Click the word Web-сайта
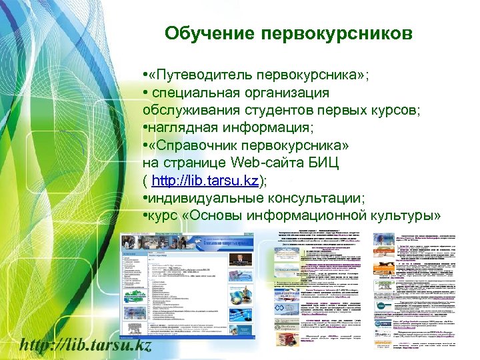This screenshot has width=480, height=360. coord(263,162)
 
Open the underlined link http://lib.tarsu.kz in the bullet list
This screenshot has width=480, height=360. coord(206,180)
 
